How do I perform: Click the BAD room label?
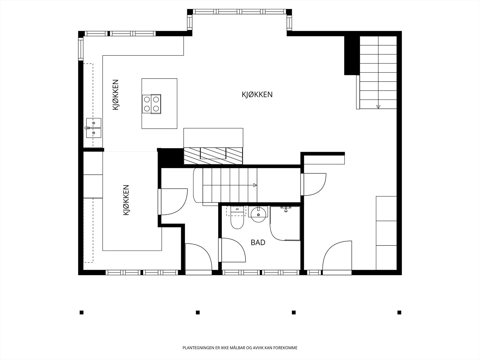(x=258, y=242)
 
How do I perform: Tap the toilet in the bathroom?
(x=237, y=218)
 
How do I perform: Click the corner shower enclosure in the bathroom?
(x=285, y=223)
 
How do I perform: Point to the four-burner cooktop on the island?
(x=151, y=104)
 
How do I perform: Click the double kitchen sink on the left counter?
(x=94, y=128)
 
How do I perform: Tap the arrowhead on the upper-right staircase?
(x=378, y=107)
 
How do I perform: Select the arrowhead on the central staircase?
(x=255, y=185)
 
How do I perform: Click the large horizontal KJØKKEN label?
(x=257, y=94)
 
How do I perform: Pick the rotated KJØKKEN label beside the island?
(x=115, y=94)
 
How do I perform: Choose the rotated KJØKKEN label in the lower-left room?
(x=126, y=200)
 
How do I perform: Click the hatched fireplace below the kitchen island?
(x=213, y=156)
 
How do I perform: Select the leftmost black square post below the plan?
(x=82, y=313)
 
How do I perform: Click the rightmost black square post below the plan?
(x=399, y=313)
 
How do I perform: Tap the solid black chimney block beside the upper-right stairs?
(x=352, y=55)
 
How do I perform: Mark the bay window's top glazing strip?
(x=239, y=12)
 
